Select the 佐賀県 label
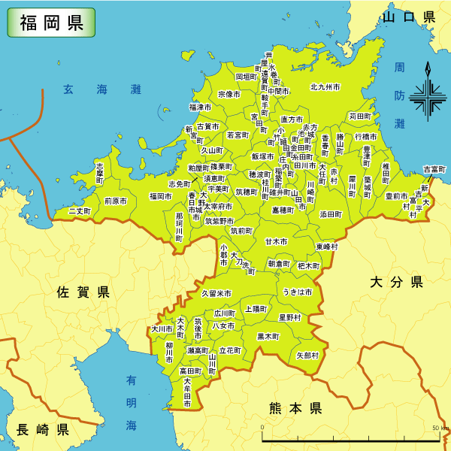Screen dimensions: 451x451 [83, 291]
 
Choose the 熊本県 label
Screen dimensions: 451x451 [295, 408]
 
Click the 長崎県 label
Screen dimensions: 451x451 [43, 430]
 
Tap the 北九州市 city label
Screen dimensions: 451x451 [325, 87]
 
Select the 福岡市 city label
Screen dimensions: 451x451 [161, 196]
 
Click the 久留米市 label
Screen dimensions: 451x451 [216, 293]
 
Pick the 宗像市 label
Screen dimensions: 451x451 [229, 95]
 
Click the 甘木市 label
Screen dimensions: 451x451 [276, 242]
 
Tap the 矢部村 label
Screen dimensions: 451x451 [307, 355]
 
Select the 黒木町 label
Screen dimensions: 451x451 [268, 336]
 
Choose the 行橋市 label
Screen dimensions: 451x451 [367, 138]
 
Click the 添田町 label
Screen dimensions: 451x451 [331, 214]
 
